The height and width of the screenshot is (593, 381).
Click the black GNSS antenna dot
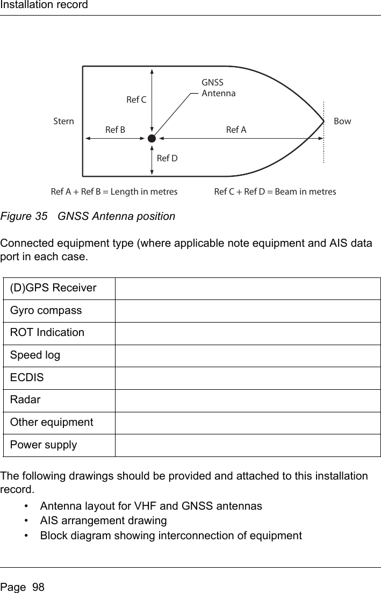(152, 138)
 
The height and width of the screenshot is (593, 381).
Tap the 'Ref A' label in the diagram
(236, 130)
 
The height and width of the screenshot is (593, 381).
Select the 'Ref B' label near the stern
(115, 130)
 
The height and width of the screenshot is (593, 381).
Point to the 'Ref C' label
(136, 99)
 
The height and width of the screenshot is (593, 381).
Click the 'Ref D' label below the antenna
(167, 158)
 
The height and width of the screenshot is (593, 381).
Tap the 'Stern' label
(64, 121)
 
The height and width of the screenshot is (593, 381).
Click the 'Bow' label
(342, 121)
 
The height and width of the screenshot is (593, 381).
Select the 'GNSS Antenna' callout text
(218, 88)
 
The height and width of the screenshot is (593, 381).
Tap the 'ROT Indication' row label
(47, 332)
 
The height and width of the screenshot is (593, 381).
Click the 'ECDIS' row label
(25, 377)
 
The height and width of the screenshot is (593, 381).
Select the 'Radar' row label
(24, 399)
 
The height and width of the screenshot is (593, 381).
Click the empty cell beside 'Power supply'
(247, 445)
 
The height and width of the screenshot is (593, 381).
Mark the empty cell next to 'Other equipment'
(247, 423)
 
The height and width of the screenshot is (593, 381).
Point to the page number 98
(38, 587)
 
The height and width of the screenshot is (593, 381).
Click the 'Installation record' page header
(44, 5)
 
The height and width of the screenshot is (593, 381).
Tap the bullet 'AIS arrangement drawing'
(103, 520)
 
